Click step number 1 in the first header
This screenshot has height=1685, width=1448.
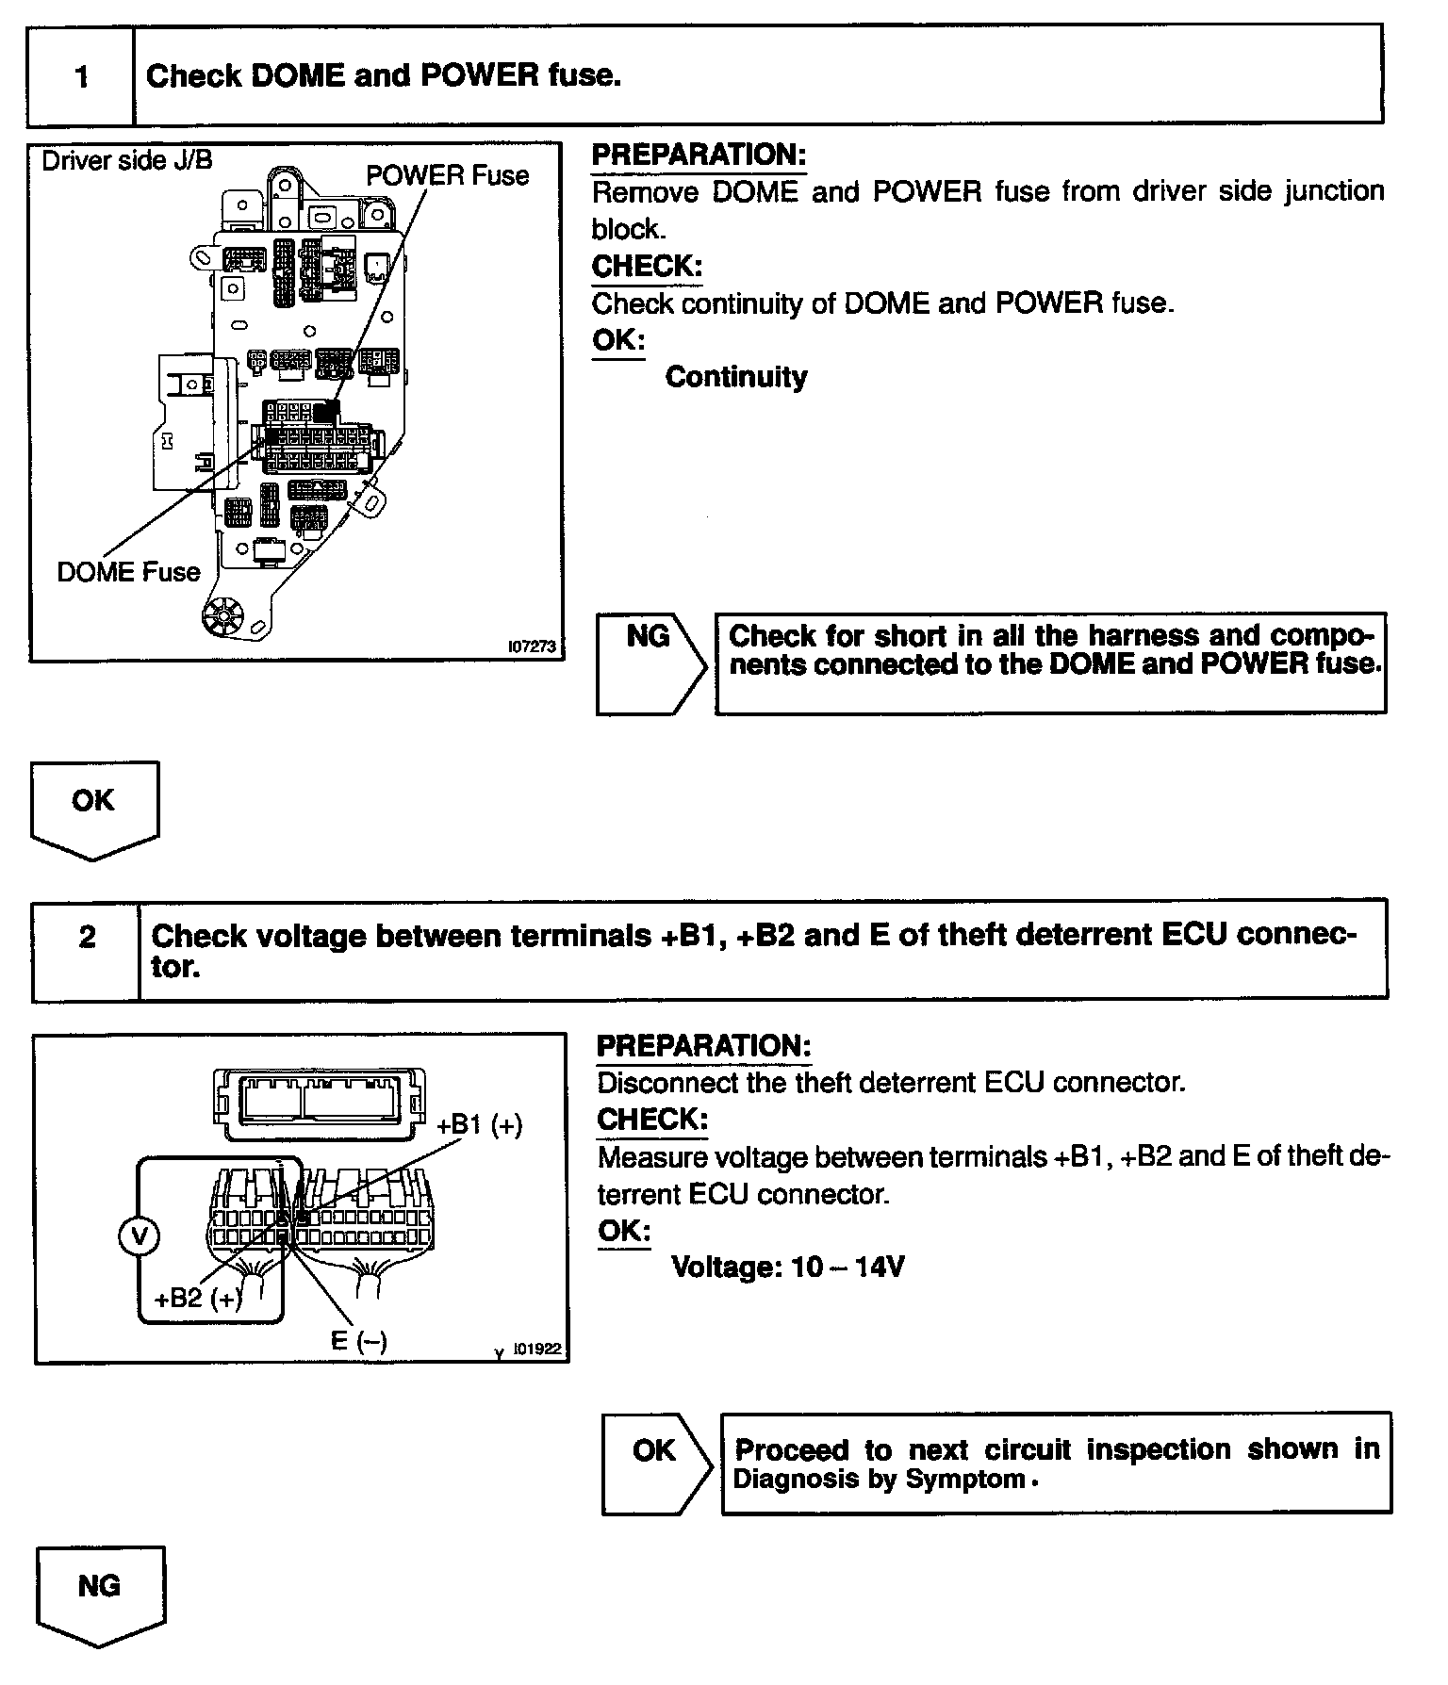(82, 75)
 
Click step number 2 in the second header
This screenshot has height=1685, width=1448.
(87, 937)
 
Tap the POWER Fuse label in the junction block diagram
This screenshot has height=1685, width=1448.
(447, 176)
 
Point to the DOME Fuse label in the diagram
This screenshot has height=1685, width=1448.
(129, 572)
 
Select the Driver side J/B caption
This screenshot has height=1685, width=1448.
(127, 160)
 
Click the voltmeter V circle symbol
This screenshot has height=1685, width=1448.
(139, 1236)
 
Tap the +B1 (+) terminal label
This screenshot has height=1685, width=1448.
(480, 1124)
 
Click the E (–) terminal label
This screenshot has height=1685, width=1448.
(359, 1340)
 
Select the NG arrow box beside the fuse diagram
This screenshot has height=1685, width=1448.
(650, 663)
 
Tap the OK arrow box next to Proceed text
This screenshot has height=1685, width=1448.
(656, 1464)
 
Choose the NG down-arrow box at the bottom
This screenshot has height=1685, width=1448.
(100, 1593)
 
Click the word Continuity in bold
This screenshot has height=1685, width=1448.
(736, 377)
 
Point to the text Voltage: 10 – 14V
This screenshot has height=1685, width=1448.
(787, 1267)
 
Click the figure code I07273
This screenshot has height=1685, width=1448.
(531, 647)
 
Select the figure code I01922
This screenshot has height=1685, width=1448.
(536, 1350)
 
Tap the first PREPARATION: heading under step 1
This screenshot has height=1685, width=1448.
(699, 155)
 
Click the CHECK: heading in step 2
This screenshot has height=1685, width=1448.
(651, 1120)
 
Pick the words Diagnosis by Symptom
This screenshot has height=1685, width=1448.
(879, 1479)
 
